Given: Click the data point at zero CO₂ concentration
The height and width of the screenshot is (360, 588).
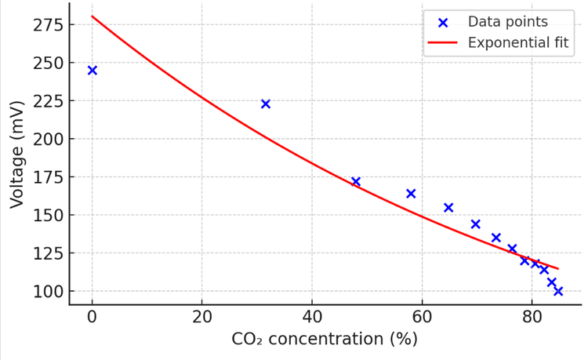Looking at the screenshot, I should point(93,71).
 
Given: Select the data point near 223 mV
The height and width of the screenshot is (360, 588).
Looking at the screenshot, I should point(266,104).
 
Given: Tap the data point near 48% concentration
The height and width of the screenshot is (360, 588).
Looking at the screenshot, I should point(356,181).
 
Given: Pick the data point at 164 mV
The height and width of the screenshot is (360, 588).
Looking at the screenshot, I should point(411,193).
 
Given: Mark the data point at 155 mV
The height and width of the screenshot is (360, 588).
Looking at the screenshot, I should point(448,207).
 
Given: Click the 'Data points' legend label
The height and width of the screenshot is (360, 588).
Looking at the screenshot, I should point(518,22).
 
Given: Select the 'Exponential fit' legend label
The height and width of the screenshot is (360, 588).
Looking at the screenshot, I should point(517,42).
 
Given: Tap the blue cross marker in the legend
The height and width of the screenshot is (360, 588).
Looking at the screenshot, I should point(443,22).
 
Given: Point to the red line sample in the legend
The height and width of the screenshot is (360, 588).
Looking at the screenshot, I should point(443,42).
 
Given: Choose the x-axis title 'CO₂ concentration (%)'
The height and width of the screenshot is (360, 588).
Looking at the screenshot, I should point(325,340).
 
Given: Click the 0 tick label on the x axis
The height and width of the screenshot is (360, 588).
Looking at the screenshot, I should point(93,318).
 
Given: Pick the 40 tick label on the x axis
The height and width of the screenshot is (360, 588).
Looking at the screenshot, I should point(312,318).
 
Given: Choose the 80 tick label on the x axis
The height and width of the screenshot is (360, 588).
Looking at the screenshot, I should point(532,318).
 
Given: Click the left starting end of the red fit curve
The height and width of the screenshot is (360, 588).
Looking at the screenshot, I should point(93,16).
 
